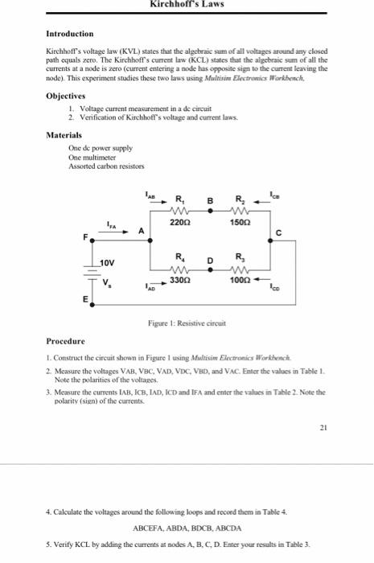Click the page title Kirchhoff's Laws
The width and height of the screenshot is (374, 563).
pyautogui.click(x=187, y=4)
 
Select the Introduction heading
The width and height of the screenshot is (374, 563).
pyautogui.click(x=70, y=34)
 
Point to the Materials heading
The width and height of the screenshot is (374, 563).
pyautogui.click(x=64, y=134)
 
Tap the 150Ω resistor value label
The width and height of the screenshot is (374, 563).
pyautogui.click(x=239, y=220)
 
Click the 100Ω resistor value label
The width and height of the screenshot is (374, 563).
pyautogui.click(x=239, y=281)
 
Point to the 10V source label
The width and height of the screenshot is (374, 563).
pyautogui.click(x=108, y=263)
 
